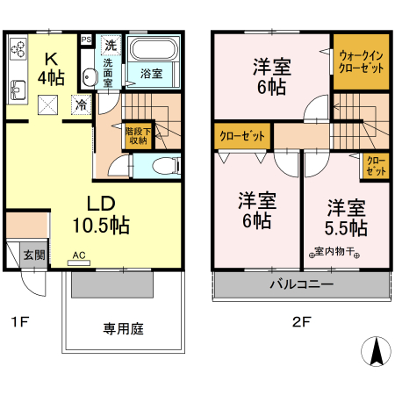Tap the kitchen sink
pos(18,88)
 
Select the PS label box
pos(86,40)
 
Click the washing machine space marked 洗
pos(111,44)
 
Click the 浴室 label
pos(152,75)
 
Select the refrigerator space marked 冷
pos(81,104)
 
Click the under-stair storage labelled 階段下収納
pos(137,135)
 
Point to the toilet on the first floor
pos(162,164)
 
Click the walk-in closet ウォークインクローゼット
pos(360,62)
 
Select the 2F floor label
pos(301,321)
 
